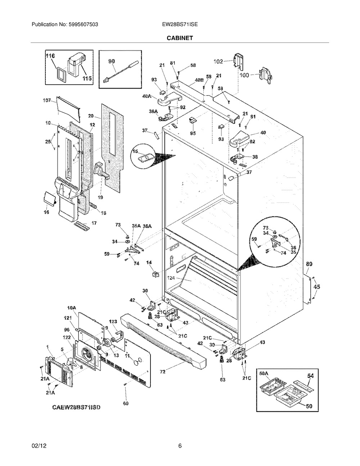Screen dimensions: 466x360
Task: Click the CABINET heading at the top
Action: (180, 37)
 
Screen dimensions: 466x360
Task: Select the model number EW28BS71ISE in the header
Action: (180, 24)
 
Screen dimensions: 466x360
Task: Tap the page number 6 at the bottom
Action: (180, 446)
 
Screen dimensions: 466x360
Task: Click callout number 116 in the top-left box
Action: (50, 56)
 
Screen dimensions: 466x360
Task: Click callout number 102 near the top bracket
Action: (218, 61)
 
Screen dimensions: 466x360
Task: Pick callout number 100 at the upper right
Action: (244, 75)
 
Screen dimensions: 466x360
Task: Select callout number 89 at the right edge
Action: (309, 264)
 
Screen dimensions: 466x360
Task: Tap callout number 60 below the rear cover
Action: (125, 403)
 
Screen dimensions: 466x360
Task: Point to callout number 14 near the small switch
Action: (148, 263)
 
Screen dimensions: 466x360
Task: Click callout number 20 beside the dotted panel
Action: (90, 116)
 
